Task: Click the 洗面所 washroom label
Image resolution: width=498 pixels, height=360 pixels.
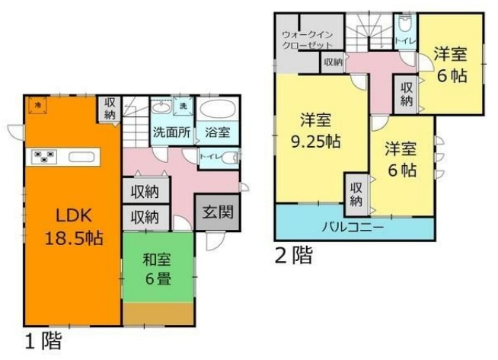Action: tap(171, 131)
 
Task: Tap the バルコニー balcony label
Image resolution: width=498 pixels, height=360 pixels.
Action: tap(351, 227)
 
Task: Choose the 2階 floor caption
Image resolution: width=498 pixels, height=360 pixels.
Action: tap(294, 256)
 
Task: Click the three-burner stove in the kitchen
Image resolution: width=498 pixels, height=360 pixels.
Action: tap(43, 158)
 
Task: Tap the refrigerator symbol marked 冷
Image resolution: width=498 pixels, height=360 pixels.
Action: tap(36, 105)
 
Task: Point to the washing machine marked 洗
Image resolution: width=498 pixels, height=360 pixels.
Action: tap(183, 105)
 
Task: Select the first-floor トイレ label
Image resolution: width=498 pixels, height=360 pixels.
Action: tap(207, 157)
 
